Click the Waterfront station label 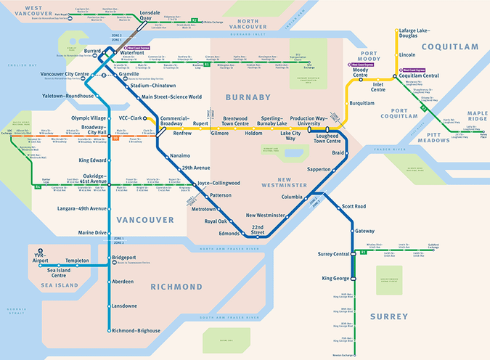(132, 52)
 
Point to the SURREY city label (389, 316)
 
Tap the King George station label (336, 278)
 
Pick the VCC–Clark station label (132, 118)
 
